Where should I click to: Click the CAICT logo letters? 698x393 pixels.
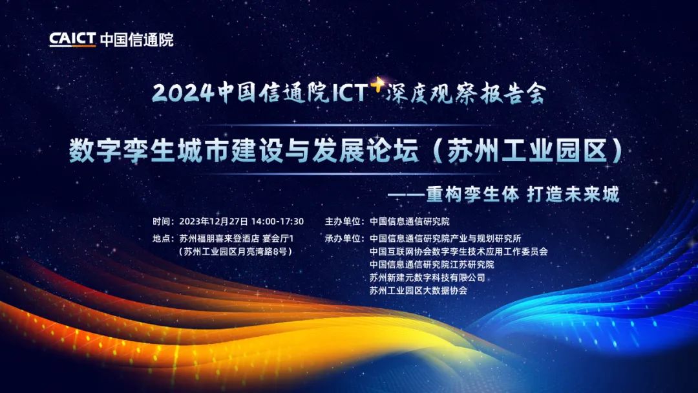pyautogui.click(x=72, y=39)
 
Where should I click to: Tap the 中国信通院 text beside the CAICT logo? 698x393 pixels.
pyautogui.click(x=136, y=39)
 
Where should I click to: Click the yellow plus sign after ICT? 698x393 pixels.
pyautogui.click(x=377, y=84)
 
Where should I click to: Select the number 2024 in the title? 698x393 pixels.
pyautogui.click(x=183, y=93)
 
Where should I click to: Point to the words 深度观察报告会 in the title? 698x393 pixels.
pyautogui.click(x=466, y=93)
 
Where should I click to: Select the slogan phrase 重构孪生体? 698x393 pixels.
pyautogui.click(x=472, y=194)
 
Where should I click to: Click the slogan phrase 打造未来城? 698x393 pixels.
pyautogui.click(x=573, y=194)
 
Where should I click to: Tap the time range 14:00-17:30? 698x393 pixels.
pyautogui.click(x=278, y=221)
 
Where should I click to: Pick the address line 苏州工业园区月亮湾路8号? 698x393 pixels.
pyautogui.click(x=235, y=251)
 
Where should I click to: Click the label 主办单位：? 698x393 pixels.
pyautogui.click(x=345, y=221)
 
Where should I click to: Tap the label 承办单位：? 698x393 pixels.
pyautogui.click(x=345, y=239)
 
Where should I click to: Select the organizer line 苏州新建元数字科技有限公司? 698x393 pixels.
pyautogui.click(x=427, y=278)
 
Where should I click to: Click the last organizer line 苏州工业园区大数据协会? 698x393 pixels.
pyautogui.click(x=418, y=291)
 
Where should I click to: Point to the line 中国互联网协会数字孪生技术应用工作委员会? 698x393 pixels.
pyautogui.click(x=458, y=251)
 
